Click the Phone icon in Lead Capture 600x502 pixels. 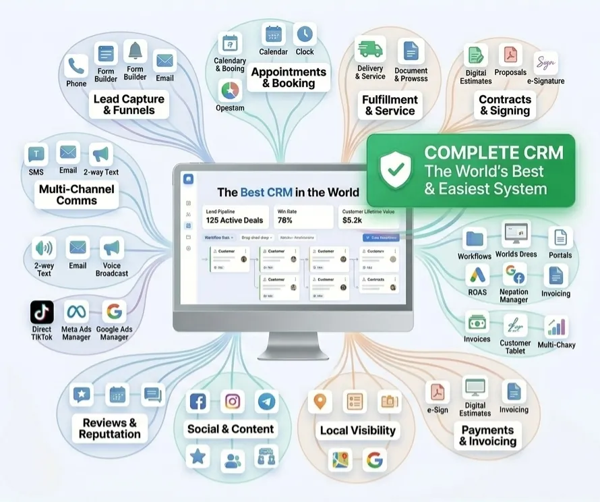(76, 66)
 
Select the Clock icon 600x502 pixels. (305, 34)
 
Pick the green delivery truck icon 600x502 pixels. (370, 49)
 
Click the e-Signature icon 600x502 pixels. (545, 63)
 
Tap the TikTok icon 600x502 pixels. (42, 312)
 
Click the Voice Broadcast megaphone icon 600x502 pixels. (112, 248)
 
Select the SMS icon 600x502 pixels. (36, 155)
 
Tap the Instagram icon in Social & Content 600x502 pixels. (233, 401)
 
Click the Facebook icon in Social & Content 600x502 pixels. (198, 402)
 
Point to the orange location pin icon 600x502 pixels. (320, 401)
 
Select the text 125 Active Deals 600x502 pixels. (235, 221)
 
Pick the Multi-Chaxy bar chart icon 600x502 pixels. (557, 327)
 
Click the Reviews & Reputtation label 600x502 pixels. (110, 428)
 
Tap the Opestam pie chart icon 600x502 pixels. (231, 91)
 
